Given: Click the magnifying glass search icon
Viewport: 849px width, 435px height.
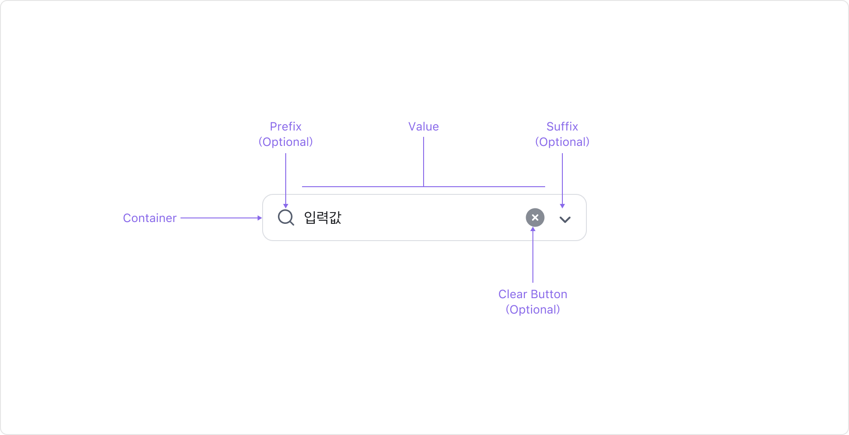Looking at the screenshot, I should (x=286, y=217).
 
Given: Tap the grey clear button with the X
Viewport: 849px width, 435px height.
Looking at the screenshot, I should (x=535, y=217).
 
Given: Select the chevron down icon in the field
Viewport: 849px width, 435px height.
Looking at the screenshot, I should (x=565, y=220).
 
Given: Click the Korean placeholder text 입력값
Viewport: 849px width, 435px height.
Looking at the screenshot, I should (x=322, y=218).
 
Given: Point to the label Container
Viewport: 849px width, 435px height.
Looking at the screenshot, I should (x=150, y=218).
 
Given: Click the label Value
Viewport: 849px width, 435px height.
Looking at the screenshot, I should (x=423, y=126).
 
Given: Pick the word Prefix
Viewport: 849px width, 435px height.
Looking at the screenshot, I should (x=286, y=126).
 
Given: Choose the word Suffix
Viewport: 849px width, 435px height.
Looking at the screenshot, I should (x=562, y=126).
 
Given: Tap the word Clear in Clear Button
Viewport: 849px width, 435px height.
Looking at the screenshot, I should (x=512, y=294).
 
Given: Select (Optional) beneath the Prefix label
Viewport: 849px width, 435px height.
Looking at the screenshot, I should (x=286, y=142).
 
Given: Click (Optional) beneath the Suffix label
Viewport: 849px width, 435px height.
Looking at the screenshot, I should (x=562, y=142).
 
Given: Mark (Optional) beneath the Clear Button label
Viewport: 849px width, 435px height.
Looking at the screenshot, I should (x=533, y=309).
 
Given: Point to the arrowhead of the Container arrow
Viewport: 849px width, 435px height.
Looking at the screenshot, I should (x=260, y=218).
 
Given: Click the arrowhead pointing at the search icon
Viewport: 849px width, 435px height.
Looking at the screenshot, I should (x=286, y=206).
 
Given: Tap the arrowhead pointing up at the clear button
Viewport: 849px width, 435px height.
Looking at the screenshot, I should (x=533, y=229).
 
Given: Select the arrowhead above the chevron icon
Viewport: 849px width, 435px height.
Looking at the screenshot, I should (x=562, y=206).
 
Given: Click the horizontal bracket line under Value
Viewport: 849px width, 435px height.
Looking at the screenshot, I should (x=363, y=186).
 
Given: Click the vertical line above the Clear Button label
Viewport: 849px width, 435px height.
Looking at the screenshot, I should (x=533, y=258).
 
